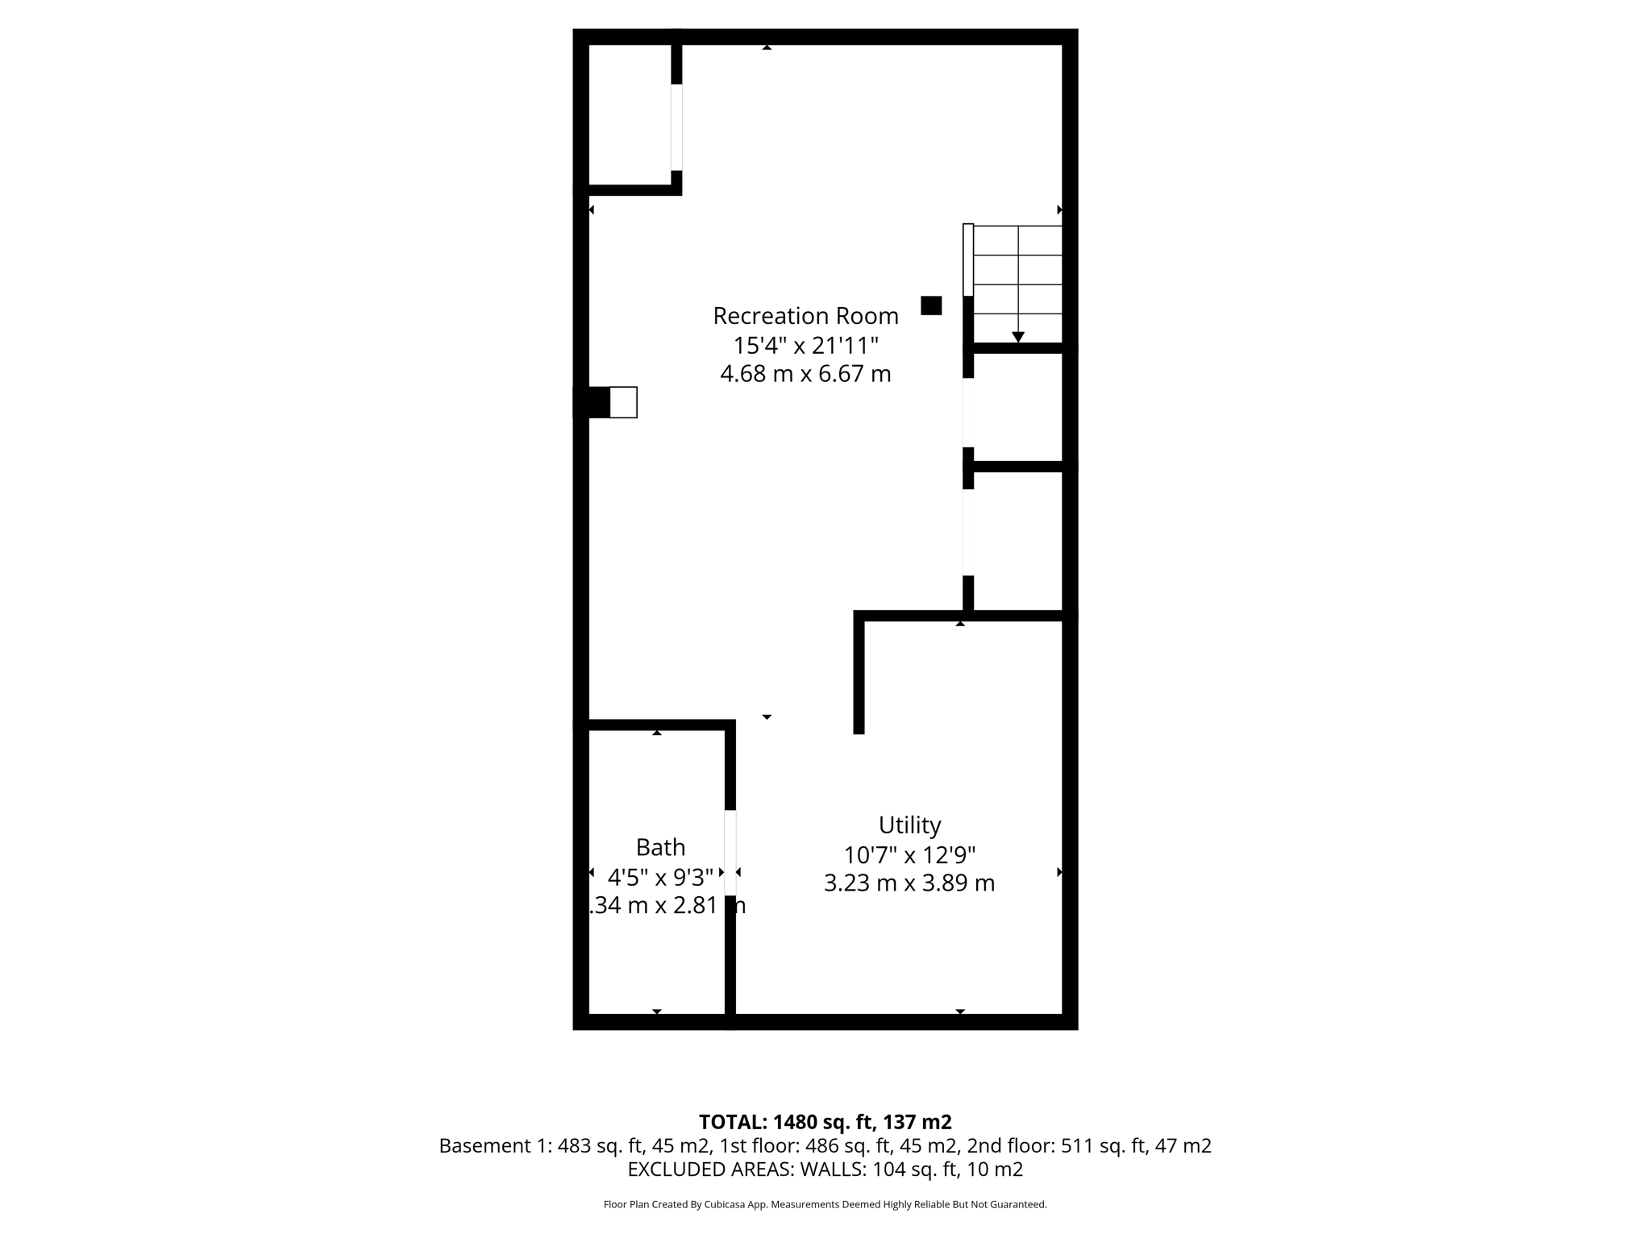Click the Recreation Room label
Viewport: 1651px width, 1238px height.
click(805, 316)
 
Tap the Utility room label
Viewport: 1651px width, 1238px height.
click(909, 825)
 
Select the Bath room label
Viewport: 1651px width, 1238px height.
click(660, 847)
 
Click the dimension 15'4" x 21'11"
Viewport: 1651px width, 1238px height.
click(805, 346)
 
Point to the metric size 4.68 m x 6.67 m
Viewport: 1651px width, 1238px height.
click(805, 375)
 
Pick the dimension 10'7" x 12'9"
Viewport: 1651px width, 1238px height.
click(909, 854)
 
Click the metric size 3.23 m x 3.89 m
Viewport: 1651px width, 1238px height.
click(909, 883)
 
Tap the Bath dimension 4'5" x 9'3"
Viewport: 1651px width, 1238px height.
click(660, 877)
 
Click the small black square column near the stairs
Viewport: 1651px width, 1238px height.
click(931, 305)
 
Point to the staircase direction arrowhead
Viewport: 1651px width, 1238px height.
click(1018, 337)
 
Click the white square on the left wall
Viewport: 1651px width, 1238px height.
click(623, 402)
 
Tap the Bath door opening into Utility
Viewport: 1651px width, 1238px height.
click(730, 853)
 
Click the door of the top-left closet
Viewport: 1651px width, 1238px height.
click(676, 127)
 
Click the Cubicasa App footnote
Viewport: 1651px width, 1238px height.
click(825, 1205)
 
